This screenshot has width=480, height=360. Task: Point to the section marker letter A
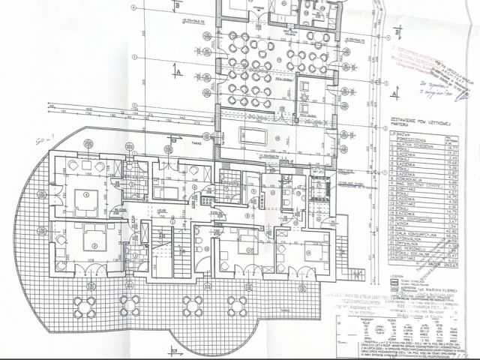(181, 71)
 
